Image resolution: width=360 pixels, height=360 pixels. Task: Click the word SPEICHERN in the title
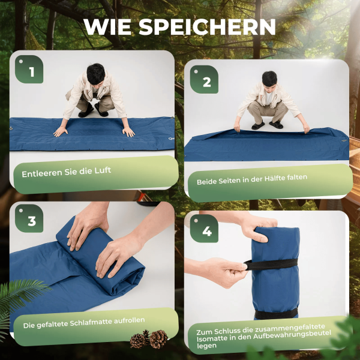click(x=208, y=27)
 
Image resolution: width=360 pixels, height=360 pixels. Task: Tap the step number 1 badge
click(x=29, y=70)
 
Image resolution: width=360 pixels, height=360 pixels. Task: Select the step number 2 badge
click(x=204, y=79)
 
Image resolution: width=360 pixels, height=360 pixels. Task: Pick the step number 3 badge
click(x=29, y=218)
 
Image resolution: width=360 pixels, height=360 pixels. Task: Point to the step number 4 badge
click(x=204, y=229)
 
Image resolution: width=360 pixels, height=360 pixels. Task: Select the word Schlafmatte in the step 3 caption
click(x=91, y=322)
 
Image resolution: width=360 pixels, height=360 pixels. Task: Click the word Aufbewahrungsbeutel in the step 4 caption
click(x=292, y=335)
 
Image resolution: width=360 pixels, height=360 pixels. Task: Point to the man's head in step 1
click(x=96, y=74)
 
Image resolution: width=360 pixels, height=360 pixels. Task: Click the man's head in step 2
click(x=269, y=79)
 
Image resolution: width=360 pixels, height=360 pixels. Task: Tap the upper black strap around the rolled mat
click(x=271, y=264)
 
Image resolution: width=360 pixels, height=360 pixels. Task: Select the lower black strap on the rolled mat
click(x=276, y=313)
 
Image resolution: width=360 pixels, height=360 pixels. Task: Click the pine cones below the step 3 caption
click(x=149, y=339)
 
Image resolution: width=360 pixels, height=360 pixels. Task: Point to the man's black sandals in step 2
click(x=267, y=125)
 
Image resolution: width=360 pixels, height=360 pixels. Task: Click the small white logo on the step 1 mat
click(x=171, y=139)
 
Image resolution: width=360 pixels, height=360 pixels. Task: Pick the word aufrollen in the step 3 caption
click(x=130, y=320)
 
